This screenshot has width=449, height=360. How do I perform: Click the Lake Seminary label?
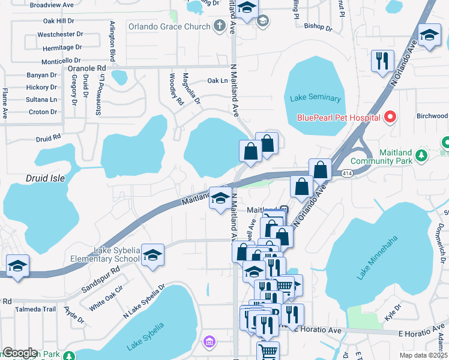tap(315, 98)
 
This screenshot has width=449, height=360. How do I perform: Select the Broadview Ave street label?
tap(52, 4)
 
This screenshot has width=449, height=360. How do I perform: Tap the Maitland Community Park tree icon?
tap(422, 156)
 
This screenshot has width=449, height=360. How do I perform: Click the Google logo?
tap(20, 353)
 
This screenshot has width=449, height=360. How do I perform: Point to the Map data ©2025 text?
tap(424, 356)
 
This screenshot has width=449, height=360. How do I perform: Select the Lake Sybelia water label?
tap(145, 337)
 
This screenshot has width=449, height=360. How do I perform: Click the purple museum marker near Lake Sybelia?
tap(209, 342)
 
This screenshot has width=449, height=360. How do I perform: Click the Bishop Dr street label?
tap(318, 27)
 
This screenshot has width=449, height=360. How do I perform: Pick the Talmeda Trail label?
tap(35, 310)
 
